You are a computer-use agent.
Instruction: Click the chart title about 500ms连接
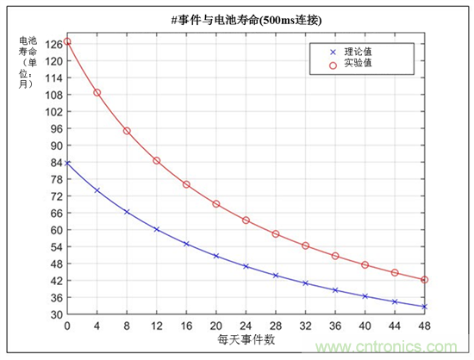tap(238, 20)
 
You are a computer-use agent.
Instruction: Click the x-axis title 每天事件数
tap(246, 340)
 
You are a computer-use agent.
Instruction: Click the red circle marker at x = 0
tap(67, 41)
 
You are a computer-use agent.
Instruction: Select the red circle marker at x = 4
tap(97, 92)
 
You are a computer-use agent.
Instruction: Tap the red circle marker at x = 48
tap(424, 280)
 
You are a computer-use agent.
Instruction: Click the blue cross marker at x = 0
tap(67, 162)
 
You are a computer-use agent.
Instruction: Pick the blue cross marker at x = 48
tap(424, 307)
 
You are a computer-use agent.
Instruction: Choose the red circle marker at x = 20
tap(216, 204)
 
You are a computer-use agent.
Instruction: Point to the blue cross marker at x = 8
tap(127, 211)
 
